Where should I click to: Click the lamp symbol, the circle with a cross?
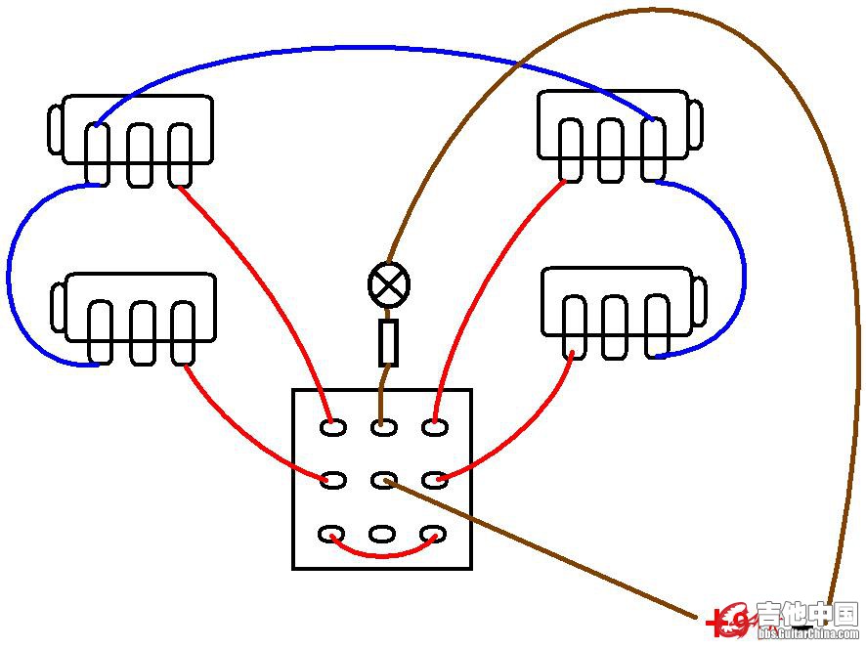pos(389,285)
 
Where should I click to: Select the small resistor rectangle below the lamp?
pos(389,342)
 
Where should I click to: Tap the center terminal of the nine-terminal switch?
pos(383,480)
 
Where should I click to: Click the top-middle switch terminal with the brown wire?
pos(383,426)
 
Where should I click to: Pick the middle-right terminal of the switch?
pos(434,480)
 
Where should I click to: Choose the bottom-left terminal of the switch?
pos(332,534)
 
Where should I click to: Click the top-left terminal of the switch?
pos(332,426)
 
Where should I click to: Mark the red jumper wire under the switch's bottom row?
pos(382,555)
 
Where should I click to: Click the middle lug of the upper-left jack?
pos(140,153)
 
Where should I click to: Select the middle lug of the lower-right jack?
pos(614,326)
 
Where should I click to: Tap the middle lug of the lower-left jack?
pos(143,332)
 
